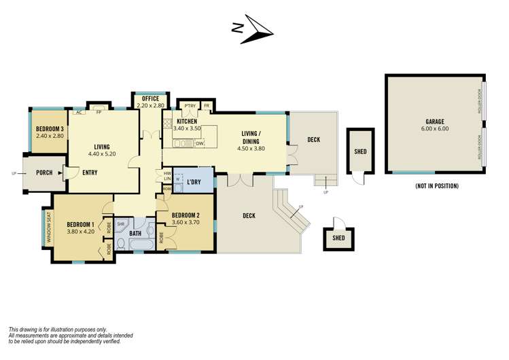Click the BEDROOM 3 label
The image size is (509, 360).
(x=49, y=130)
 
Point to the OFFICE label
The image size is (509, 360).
(x=150, y=99)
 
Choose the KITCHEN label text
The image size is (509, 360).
(x=187, y=121)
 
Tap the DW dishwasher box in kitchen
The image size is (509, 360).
(x=200, y=143)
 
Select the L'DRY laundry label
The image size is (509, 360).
(x=195, y=183)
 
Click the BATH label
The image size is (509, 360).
(x=135, y=234)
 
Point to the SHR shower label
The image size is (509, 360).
(x=120, y=223)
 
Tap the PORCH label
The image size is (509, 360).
(x=44, y=173)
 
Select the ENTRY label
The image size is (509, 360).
(x=89, y=173)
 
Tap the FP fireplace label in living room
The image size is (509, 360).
(x=99, y=112)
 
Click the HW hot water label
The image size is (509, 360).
(x=167, y=173)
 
